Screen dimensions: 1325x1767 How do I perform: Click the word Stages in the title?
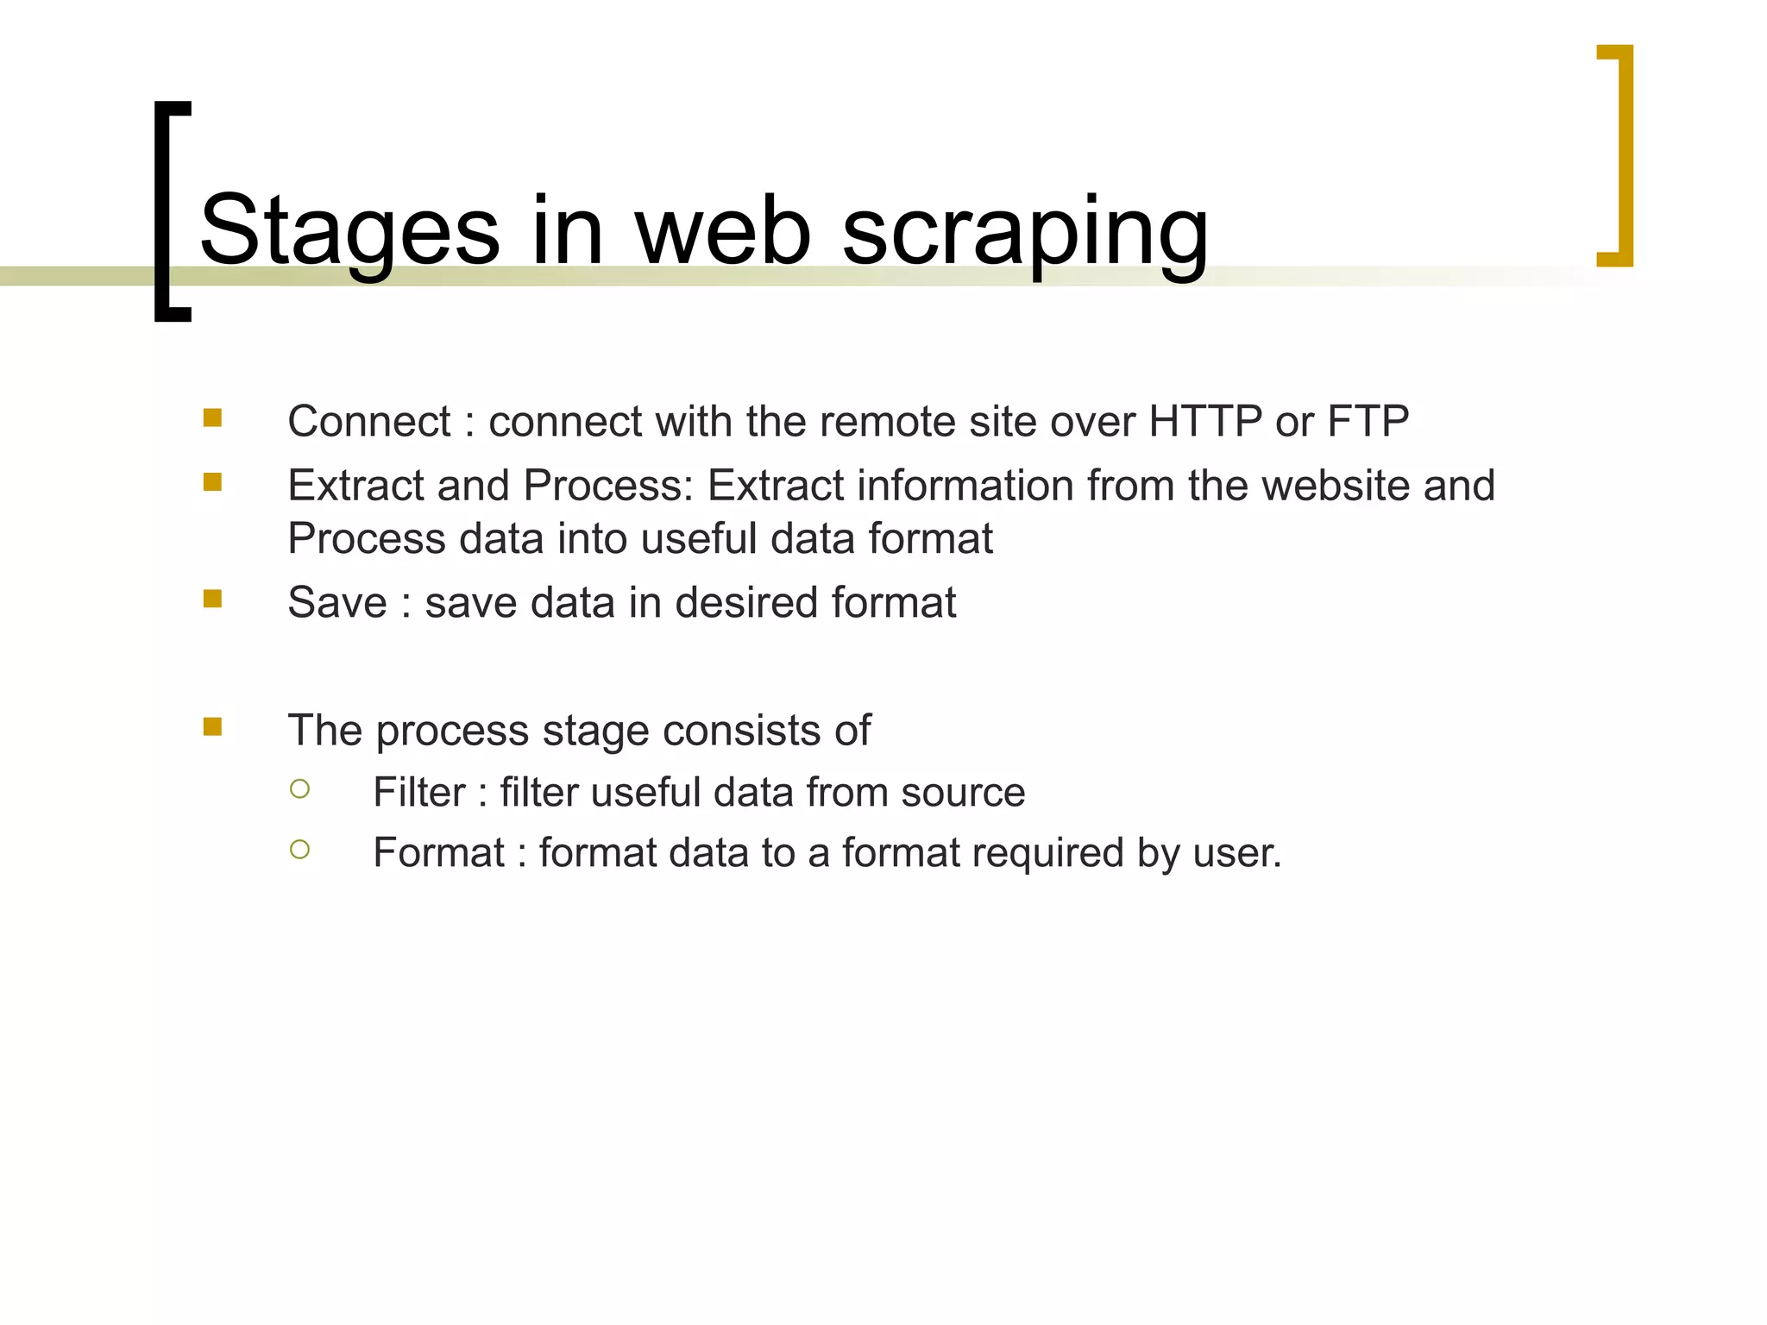point(349,231)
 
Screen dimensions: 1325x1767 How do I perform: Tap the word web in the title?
point(723,231)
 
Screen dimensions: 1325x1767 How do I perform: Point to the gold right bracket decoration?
point(1622,155)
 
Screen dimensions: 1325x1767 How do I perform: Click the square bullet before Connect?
point(212,418)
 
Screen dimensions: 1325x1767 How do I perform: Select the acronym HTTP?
point(1205,422)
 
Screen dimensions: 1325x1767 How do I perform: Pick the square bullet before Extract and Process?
point(212,482)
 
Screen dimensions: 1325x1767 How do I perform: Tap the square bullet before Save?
point(212,599)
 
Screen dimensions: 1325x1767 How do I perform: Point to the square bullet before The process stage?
point(212,726)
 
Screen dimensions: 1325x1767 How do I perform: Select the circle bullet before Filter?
point(299,788)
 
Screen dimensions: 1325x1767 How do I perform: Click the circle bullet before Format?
point(299,850)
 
